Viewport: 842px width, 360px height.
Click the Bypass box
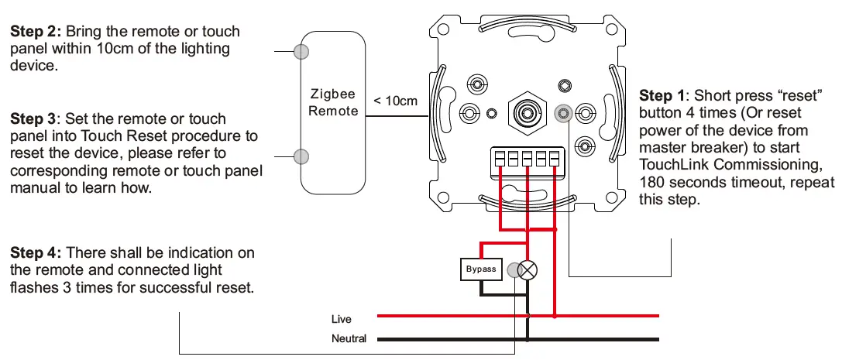[x=481, y=269]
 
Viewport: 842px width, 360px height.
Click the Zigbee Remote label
[x=333, y=102]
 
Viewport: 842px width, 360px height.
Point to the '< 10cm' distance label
[x=395, y=101]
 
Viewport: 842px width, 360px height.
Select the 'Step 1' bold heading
[x=662, y=96]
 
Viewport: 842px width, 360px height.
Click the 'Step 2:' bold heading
[x=36, y=32]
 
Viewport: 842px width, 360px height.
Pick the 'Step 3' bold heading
[x=33, y=119]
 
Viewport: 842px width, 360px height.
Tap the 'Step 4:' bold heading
[x=36, y=253]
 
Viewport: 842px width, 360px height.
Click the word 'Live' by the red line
[x=341, y=319]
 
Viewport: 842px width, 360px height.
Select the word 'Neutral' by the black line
[x=349, y=338]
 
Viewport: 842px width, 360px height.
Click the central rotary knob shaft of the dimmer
[x=527, y=112]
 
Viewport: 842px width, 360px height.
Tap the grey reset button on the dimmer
[x=564, y=113]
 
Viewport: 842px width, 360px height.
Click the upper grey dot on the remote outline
[x=302, y=52]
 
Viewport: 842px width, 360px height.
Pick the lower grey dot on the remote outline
[x=302, y=156]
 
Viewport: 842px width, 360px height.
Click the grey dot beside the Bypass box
[x=513, y=269]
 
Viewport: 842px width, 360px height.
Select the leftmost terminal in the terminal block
[x=500, y=158]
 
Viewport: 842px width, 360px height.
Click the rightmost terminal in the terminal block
[x=554, y=158]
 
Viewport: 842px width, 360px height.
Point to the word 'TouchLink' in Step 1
[x=672, y=165]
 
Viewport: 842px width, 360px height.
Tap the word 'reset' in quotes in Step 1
[x=798, y=96]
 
